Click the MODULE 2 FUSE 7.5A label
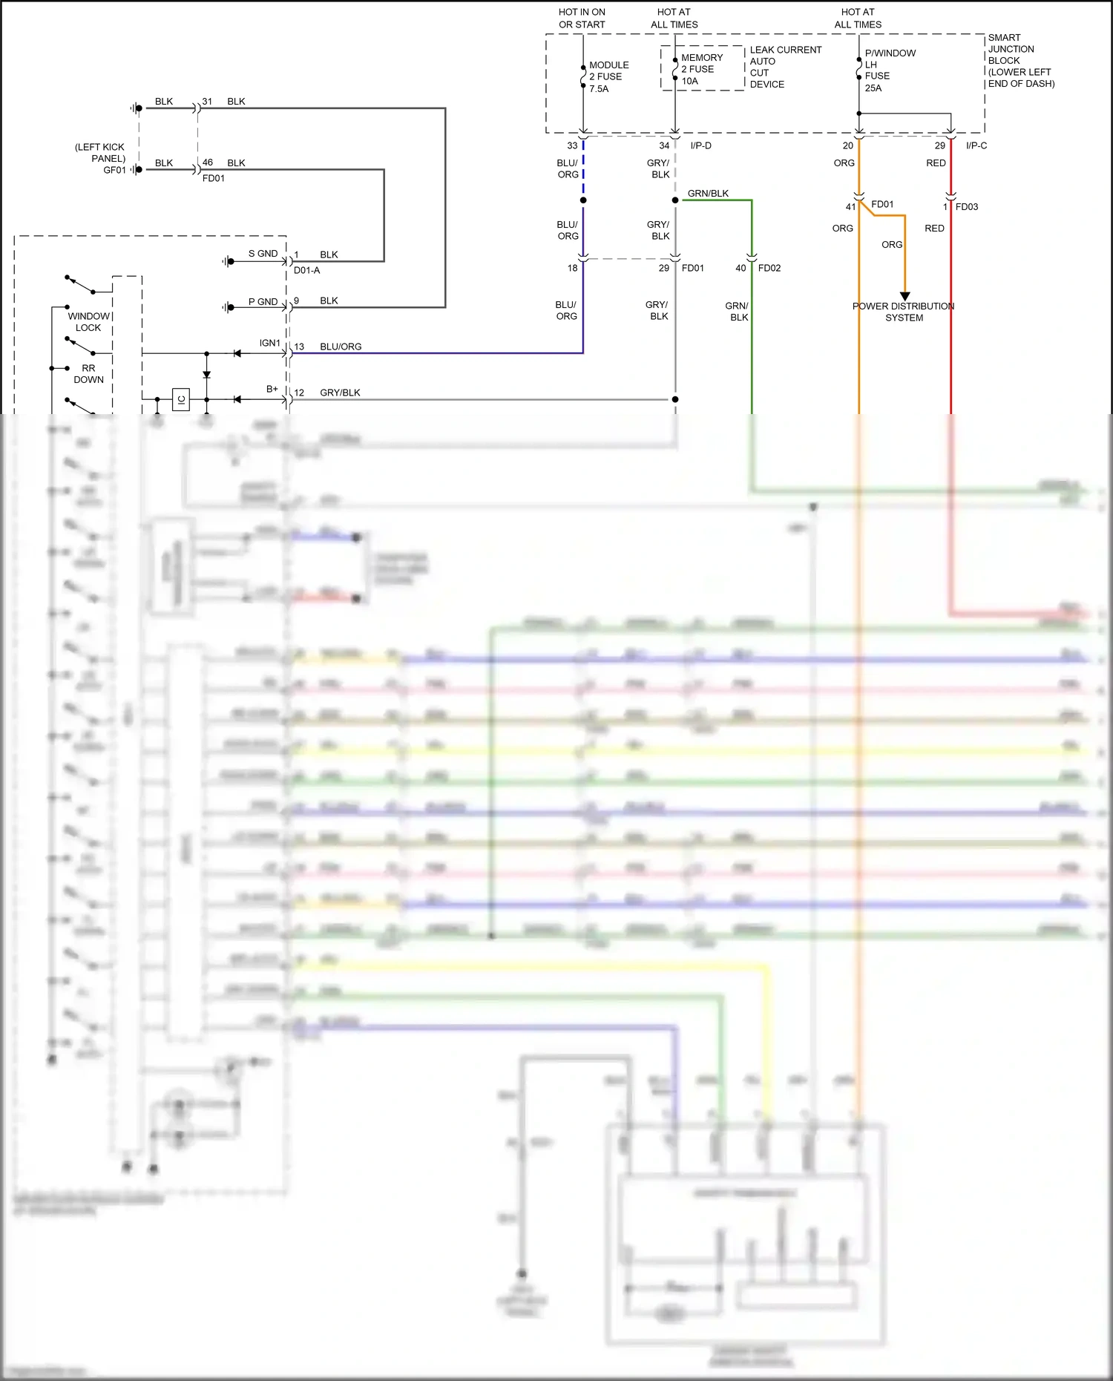pyautogui.click(x=608, y=76)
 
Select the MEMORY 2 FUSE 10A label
pyautogui.click(x=701, y=69)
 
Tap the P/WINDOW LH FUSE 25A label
pyautogui.click(x=889, y=70)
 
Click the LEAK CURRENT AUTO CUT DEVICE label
pyautogui.click(x=785, y=67)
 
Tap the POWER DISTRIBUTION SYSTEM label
pyautogui.click(x=903, y=312)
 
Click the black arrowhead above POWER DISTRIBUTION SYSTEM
pyautogui.click(x=904, y=296)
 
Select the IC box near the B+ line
pyautogui.click(x=181, y=399)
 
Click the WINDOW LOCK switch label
pyautogui.click(x=88, y=321)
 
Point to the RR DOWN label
pyautogui.click(x=88, y=373)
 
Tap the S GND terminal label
pyautogui.click(x=263, y=254)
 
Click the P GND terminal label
pyautogui.click(x=263, y=302)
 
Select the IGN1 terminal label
pyautogui.click(x=269, y=343)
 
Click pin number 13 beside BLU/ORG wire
pyautogui.click(x=299, y=347)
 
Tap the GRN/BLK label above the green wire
pyautogui.click(x=708, y=194)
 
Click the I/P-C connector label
pyautogui.click(x=976, y=145)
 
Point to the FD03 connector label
pyautogui.click(x=966, y=207)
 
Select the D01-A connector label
pyautogui.click(x=306, y=270)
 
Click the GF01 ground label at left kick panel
pyautogui.click(x=114, y=170)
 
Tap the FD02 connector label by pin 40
pyautogui.click(x=769, y=268)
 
